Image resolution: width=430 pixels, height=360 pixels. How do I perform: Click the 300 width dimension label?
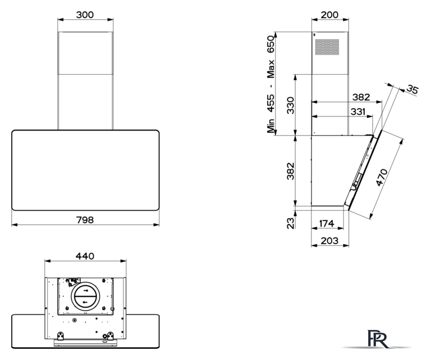(x=85, y=15)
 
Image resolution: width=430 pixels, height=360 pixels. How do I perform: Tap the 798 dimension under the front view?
(x=85, y=220)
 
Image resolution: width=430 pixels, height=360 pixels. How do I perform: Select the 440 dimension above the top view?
(x=85, y=256)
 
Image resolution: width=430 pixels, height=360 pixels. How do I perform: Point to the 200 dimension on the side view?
(x=329, y=15)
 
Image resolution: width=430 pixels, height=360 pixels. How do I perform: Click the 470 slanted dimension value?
(x=382, y=177)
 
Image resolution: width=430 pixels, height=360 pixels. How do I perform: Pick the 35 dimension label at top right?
(x=413, y=89)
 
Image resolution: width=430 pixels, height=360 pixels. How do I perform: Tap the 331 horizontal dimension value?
(x=358, y=112)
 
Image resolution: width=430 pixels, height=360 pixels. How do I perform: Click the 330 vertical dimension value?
(x=291, y=105)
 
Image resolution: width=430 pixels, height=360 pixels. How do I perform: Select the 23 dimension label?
(x=291, y=223)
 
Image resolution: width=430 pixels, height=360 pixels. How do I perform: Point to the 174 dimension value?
(x=327, y=224)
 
